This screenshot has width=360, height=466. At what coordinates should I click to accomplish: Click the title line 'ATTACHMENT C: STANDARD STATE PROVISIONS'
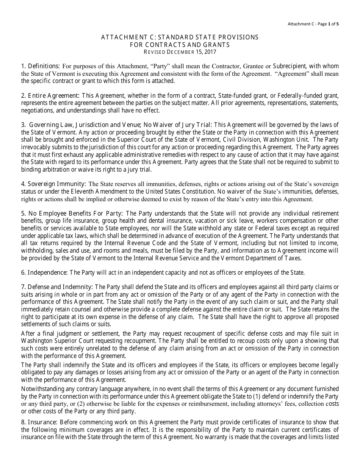click(180, 37)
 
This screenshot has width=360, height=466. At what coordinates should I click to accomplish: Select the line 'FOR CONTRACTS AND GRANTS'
click(180, 44)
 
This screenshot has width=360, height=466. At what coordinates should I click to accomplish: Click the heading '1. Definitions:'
click(41, 66)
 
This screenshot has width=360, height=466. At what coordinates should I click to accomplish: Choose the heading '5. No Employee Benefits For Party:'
click(72, 214)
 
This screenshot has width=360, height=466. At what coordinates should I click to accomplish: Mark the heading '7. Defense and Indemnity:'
click(57, 287)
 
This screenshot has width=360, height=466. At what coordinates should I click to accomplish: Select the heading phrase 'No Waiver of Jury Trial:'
click(179, 125)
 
